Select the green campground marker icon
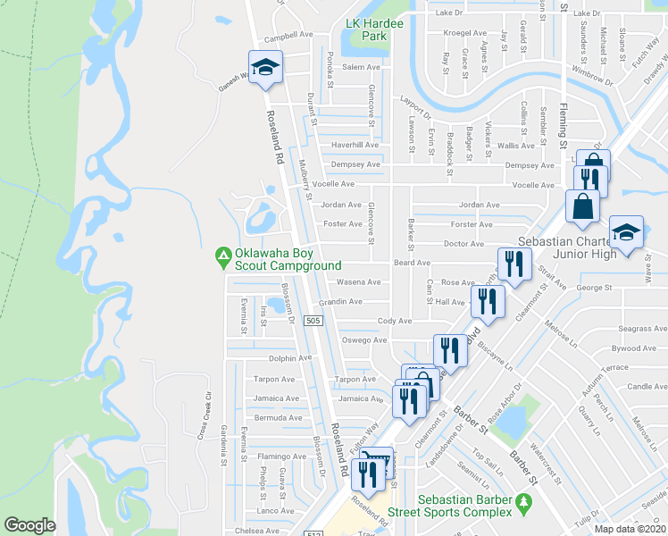click(222, 259)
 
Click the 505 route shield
click(313, 321)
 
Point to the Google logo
click(29, 525)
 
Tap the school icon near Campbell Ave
click(264, 69)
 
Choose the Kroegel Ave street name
click(466, 33)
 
